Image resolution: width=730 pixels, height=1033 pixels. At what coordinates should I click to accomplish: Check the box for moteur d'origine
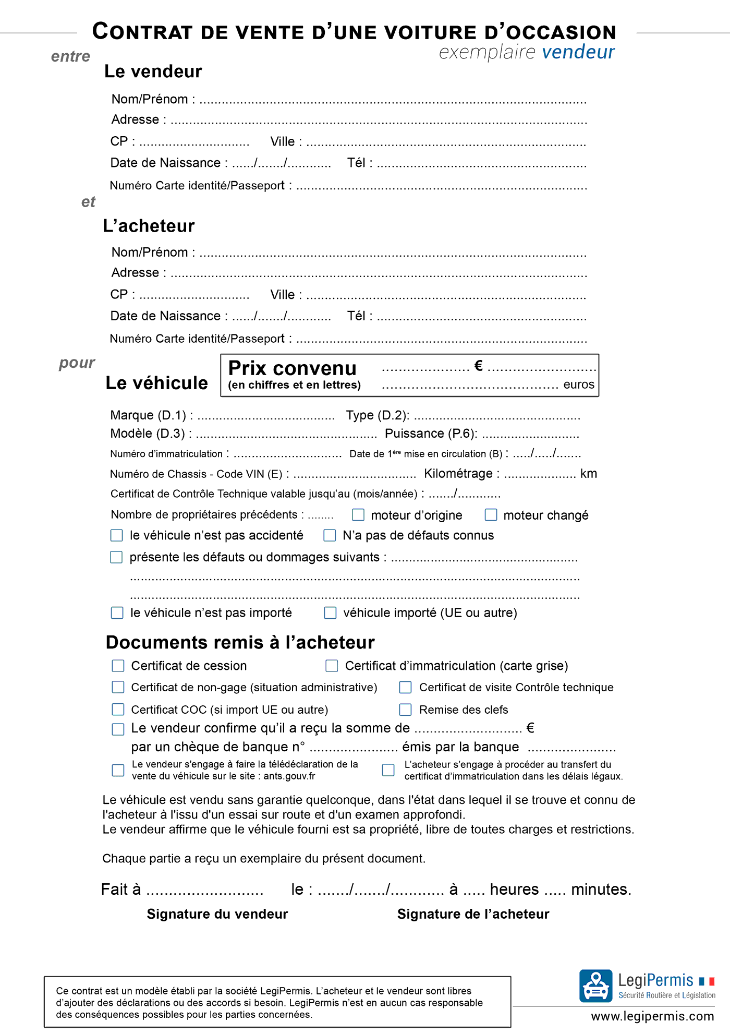pyautogui.click(x=358, y=515)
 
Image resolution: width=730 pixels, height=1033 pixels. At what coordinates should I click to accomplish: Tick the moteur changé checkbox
pyautogui.click(x=491, y=515)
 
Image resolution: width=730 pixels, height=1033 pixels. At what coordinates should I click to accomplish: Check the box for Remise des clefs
pyautogui.click(x=405, y=710)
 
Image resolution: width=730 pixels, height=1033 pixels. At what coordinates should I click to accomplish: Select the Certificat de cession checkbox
pyautogui.click(x=118, y=666)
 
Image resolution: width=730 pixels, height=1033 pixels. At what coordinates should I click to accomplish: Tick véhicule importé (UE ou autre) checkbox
pyautogui.click(x=330, y=612)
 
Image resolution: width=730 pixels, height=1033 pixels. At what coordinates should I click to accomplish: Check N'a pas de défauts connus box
pyautogui.click(x=330, y=535)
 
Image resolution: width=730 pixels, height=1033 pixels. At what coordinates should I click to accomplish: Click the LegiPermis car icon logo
pyautogui.click(x=595, y=986)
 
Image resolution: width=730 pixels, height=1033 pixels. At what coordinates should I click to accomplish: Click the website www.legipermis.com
pyautogui.click(x=652, y=1016)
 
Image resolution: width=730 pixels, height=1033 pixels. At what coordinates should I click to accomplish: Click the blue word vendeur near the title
pyautogui.click(x=578, y=52)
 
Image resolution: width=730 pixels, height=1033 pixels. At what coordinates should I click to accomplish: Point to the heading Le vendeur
pyautogui.click(x=153, y=71)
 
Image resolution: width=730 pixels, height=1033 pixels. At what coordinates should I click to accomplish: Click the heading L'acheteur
pyautogui.click(x=149, y=226)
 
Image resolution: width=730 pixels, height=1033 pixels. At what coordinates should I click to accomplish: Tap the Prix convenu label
pyautogui.click(x=292, y=368)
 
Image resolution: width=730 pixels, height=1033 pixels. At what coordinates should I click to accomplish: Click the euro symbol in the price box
pyautogui.click(x=478, y=366)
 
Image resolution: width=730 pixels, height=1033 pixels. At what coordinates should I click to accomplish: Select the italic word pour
pyautogui.click(x=77, y=363)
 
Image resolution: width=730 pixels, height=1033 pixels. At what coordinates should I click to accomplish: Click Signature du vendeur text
pyautogui.click(x=217, y=914)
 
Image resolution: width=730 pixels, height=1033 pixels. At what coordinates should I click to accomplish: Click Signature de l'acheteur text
pyautogui.click(x=473, y=914)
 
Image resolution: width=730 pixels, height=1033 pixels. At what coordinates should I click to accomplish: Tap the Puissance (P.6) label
pyautogui.click(x=431, y=434)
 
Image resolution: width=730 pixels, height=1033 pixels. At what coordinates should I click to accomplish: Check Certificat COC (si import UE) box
pyautogui.click(x=118, y=710)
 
